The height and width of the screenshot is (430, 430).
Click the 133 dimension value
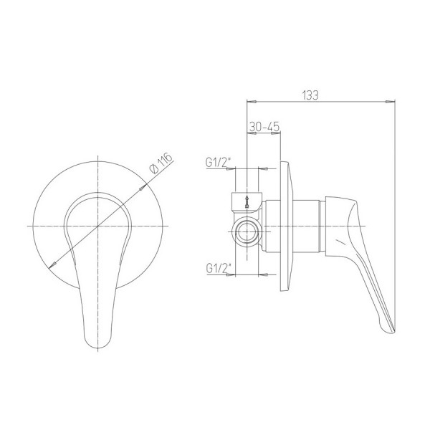point(310,95)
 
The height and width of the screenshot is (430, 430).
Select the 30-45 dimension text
point(264,127)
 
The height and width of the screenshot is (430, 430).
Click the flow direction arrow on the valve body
point(247,201)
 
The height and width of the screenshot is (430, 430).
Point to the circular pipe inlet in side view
point(247,232)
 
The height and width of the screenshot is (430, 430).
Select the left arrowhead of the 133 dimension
point(252,102)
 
